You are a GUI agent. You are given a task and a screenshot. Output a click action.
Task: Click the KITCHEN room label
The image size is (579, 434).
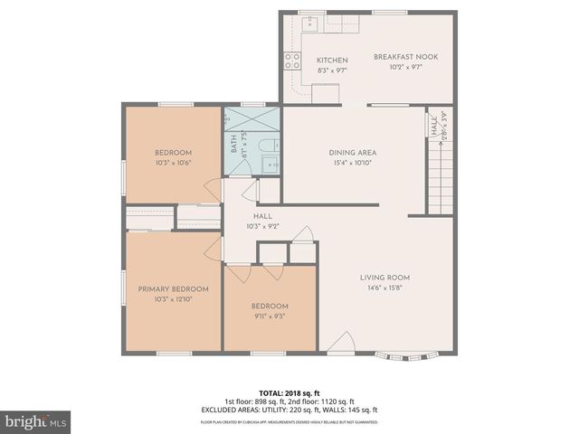[332, 61]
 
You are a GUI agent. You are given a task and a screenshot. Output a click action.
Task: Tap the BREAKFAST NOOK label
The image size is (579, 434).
[406, 57]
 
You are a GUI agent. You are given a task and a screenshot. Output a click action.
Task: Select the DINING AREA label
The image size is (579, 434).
[353, 153]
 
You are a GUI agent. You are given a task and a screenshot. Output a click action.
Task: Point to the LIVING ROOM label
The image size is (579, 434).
[385, 278]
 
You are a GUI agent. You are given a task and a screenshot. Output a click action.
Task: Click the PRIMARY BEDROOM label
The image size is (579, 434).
[173, 289]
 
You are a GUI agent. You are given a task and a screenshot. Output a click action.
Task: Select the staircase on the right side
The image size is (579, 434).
[439, 181]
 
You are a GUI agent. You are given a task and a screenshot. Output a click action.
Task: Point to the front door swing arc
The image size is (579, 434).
[342, 342]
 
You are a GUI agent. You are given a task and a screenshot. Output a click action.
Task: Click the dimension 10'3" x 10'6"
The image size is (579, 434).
[172, 163]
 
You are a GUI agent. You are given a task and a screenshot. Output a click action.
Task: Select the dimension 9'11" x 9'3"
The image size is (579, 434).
[270, 316]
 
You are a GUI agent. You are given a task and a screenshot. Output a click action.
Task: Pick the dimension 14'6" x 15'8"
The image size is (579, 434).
[385, 288]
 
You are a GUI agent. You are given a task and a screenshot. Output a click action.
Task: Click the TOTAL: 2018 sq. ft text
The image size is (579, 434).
[289, 393]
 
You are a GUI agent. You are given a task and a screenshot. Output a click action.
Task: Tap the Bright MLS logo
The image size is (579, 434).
[36, 421]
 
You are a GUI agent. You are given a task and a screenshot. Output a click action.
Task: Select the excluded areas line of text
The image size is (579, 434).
[289, 411]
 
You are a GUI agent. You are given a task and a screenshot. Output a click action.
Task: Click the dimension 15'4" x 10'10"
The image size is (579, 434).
[353, 163]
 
